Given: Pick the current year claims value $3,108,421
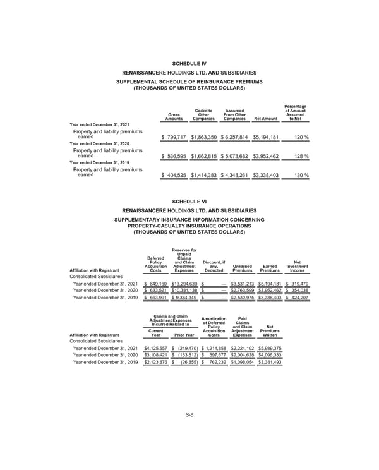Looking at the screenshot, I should coord(155,356).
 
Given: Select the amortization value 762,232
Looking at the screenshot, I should coord(216,364).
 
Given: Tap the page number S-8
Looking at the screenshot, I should coord(189,431).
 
